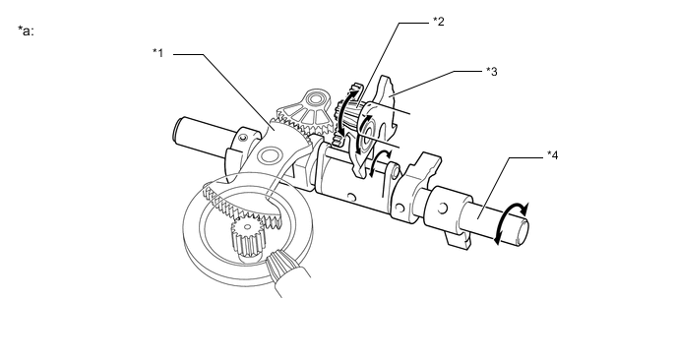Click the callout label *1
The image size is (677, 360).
[158, 53]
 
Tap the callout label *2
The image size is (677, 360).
[439, 22]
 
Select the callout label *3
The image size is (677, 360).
[492, 72]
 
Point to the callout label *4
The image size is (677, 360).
[553, 155]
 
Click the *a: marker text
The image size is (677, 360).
[26, 31]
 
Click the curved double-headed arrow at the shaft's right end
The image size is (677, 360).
[511, 221]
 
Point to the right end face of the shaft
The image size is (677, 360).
[522, 232]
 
